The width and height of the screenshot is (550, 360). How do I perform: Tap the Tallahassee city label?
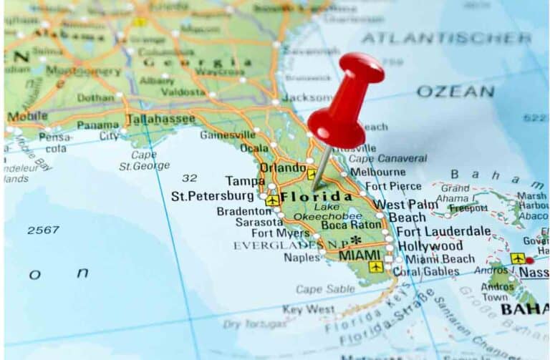point(160,119)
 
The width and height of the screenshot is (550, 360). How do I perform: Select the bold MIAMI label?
point(360,255)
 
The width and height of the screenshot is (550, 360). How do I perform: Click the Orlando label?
point(282,168)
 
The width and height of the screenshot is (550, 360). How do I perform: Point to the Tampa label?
point(245,181)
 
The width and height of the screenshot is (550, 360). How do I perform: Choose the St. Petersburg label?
point(212,195)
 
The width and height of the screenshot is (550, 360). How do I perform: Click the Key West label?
point(308,309)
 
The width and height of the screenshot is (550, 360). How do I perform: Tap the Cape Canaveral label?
point(387,158)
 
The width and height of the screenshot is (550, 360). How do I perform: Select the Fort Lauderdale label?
point(443,231)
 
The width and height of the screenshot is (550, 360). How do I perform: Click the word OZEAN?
point(455,92)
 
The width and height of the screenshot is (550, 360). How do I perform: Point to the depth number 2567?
point(43,230)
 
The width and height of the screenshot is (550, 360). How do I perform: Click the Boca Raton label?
point(351,225)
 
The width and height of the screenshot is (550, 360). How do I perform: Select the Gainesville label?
point(227,135)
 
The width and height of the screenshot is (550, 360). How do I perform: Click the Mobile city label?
point(27,116)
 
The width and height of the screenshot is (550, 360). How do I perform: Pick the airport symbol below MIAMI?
point(375,267)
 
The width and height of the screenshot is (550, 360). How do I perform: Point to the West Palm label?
point(405,204)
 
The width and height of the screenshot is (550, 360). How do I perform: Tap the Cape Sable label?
point(324,289)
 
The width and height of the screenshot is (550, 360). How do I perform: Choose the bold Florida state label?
point(316,196)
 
